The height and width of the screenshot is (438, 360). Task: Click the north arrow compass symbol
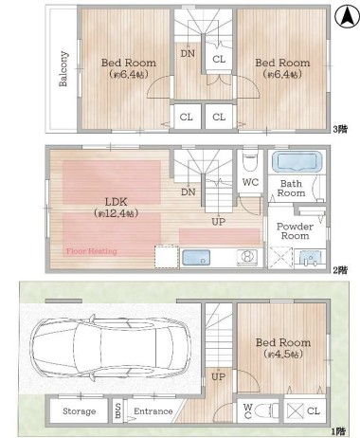point(347,17)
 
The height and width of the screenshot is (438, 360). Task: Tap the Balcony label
point(63,68)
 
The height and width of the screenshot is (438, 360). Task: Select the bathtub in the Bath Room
point(297,161)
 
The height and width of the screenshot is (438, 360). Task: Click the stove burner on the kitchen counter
point(247,256)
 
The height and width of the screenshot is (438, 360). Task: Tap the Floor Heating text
point(92,251)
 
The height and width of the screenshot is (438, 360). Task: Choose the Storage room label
point(79,411)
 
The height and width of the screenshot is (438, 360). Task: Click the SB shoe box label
point(117,411)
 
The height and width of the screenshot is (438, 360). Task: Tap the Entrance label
point(153,411)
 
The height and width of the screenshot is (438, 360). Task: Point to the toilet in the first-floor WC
point(266,411)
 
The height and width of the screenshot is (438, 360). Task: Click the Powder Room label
point(295,231)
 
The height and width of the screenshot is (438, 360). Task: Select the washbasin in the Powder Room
point(310,259)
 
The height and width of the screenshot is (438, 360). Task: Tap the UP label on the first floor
point(219,376)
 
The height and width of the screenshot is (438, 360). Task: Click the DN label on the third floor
point(188,54)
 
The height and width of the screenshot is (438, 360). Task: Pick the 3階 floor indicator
point(340,129)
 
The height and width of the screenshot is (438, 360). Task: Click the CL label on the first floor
point(313,411)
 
